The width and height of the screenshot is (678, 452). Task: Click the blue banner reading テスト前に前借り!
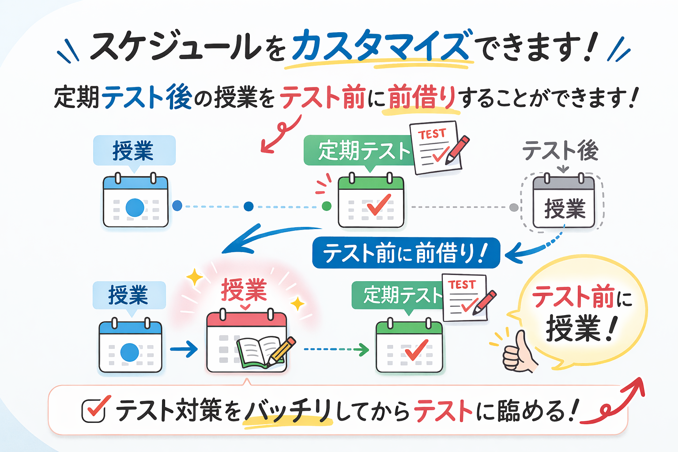pos(406,253)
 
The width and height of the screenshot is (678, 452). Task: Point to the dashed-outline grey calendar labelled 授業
pos(564,202)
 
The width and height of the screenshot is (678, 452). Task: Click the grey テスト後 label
pos(560,151)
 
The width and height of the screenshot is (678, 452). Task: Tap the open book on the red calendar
pos(260,351)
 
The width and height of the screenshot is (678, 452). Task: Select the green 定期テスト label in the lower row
pos(397,295)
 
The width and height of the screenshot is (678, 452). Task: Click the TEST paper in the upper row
pos(436,147)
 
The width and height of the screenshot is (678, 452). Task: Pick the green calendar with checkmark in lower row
pos(409,347)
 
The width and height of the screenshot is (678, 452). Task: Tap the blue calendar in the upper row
pos(136,202)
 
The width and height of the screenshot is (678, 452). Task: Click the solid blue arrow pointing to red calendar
pos(184,349)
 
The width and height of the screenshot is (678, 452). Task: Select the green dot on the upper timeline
pos(327,206)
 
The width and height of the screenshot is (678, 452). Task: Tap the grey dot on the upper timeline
pos(514,207)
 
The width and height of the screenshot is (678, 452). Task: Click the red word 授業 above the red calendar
pos(244,290)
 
